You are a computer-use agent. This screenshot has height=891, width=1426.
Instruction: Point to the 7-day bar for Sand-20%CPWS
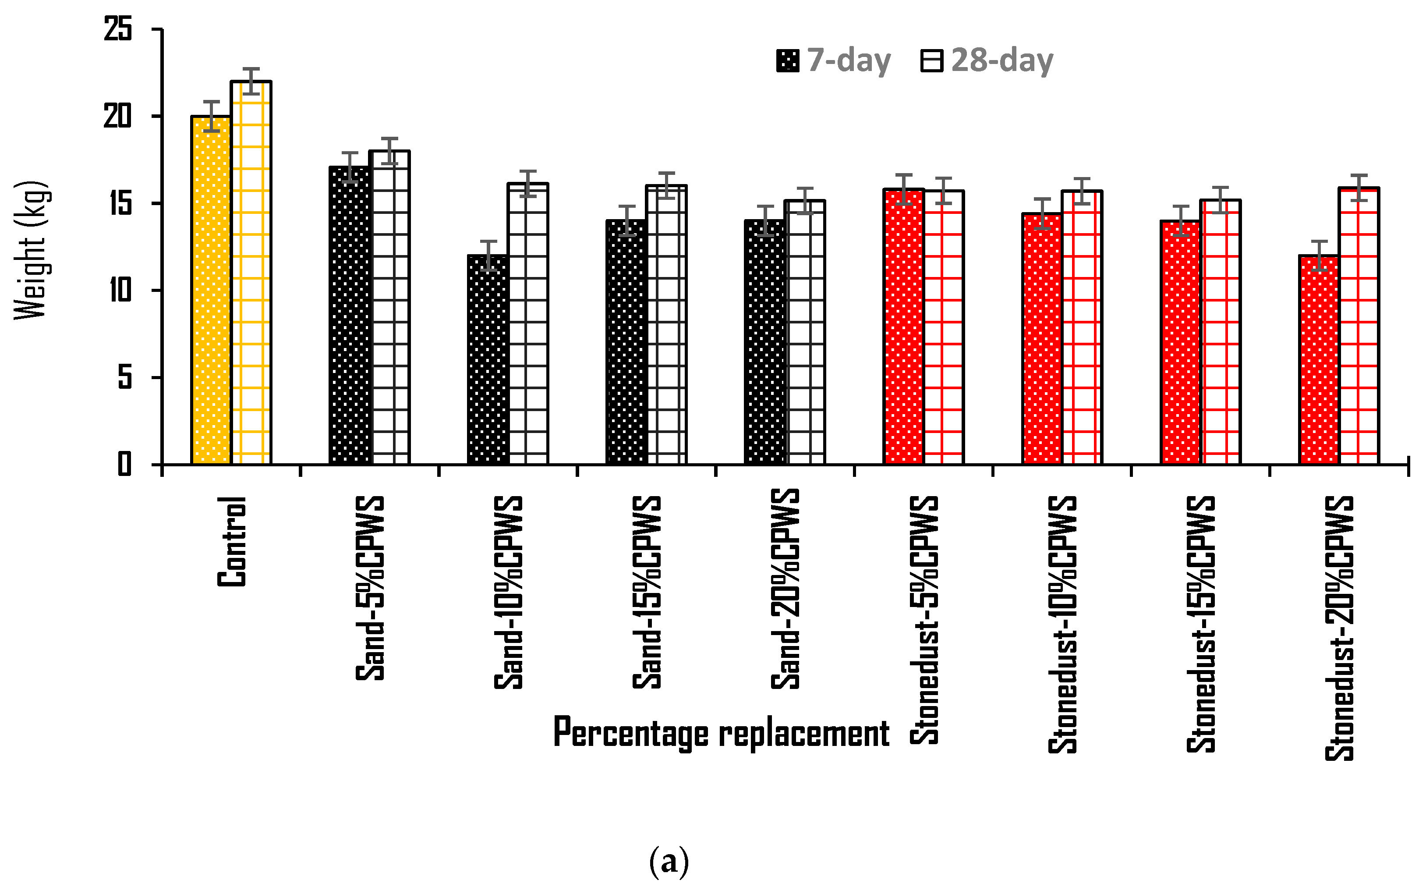tap(765, 342)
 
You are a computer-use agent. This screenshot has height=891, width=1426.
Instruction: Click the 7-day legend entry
tap(833, 60)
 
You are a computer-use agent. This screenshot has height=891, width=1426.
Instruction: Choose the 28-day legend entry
tap(987, 60)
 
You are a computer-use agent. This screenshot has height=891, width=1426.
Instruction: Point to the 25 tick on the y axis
tap(118, 29)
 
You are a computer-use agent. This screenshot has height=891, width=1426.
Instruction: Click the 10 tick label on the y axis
tap(120, 290)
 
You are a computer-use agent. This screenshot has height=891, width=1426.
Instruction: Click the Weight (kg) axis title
tap(31, 250)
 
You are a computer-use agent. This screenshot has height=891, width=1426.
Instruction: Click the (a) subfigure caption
tap(669, 862)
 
